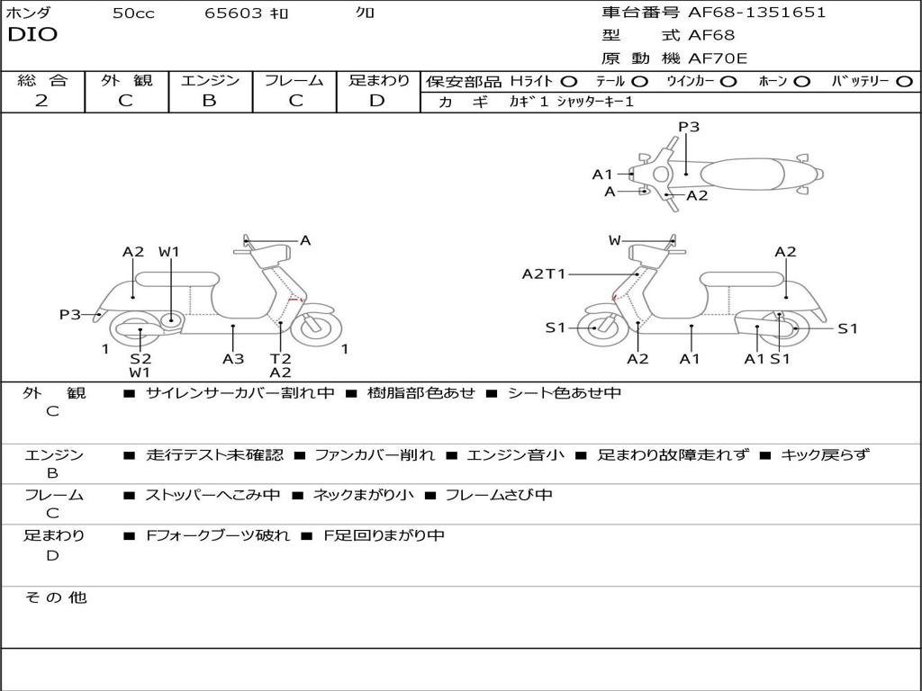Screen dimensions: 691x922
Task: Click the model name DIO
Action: click(x=32, y=35)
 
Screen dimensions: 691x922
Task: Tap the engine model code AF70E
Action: click(x=719, y=58)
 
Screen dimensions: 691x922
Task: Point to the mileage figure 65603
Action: click(x=234, y=13)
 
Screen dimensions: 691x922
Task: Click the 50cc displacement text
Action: click(x=133, y=13)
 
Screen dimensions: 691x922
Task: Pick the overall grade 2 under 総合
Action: click(x=41, y=101)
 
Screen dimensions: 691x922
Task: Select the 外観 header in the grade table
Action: click(x=126, y=80)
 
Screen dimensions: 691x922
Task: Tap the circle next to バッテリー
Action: click(x=904, y=81)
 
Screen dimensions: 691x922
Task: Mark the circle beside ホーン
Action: click(x=801, y=81)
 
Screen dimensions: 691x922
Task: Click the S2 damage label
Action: click(x=140, y=358)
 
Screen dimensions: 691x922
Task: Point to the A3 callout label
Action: click(x=233, y=358)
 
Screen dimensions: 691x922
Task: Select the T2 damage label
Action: click(x=280, y=358)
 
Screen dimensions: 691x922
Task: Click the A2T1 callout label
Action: click(x=544, y=274)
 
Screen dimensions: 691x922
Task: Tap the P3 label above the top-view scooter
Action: click(x=689, y=127)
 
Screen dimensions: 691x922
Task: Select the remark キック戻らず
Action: click(x=826, y=455)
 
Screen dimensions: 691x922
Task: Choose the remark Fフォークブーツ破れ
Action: click(x=218, y=535)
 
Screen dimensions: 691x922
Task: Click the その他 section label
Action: click(x=55, y=597)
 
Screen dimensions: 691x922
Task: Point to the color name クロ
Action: click(x=366, y=13)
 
